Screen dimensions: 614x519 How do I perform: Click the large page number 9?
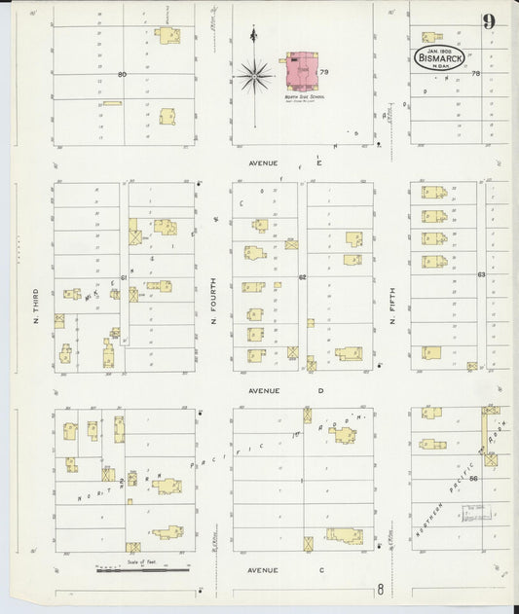click(x=487, y=21)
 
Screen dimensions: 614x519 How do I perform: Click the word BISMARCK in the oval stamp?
click(x=439, y=58)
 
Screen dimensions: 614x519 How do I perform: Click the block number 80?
click(x=123, y=74)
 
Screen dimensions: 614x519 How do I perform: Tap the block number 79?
click(x=324, y=72)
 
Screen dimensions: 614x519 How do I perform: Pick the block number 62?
click(x=303, y=277)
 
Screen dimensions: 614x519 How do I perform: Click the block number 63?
click(x=481, y=274)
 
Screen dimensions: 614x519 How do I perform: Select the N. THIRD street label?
click(x=36, y=306)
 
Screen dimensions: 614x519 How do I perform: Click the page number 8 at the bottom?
click(x=380, y=590)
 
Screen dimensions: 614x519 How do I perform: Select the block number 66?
click(x=474, y=479)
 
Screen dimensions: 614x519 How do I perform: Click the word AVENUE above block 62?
click(x=263, y=163)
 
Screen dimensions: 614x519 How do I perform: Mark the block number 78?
click(x=476, y=72)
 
